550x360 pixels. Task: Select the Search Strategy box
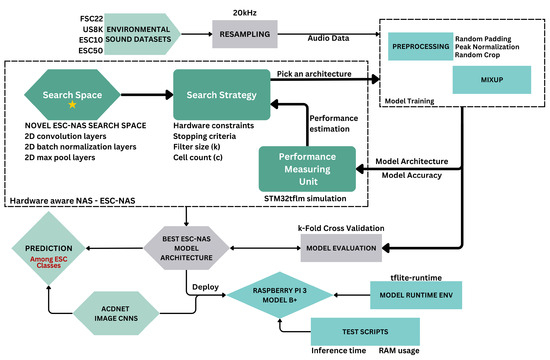(223, 98)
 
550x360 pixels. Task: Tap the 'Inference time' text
(340, 350)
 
